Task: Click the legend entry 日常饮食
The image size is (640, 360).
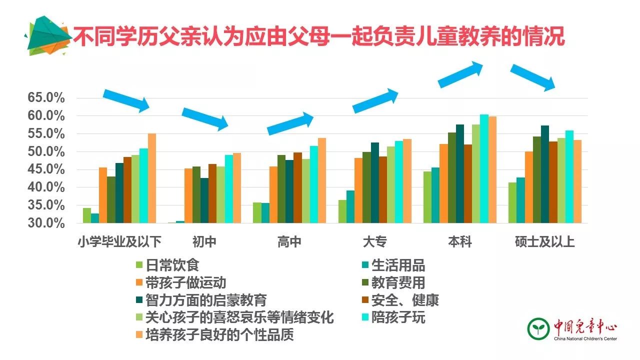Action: click(x=172, y=265)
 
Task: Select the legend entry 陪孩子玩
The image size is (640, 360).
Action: click(x=398, y=317)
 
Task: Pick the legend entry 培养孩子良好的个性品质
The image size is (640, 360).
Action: click(x=219, y=334)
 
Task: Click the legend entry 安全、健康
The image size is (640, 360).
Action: click(x=405, y=300)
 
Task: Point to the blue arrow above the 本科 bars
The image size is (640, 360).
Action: click(x=460, y=75)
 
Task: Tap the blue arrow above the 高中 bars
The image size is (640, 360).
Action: click(x=290, y=123)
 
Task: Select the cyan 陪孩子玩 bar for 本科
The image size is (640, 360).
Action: click(x=484, y=168)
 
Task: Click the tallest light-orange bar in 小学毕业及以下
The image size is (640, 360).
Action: click(x=152, y=178)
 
